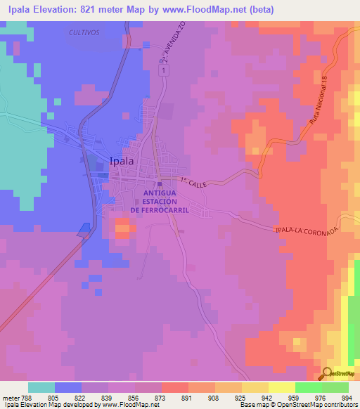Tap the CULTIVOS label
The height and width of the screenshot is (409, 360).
pyautogui.click(x=84, y=33)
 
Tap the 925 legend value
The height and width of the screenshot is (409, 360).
pyautogui.click(x=239, y=397)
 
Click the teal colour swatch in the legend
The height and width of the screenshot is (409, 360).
pyautogui.click(x=41, y=387)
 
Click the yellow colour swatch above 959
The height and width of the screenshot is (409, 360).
pyautogui.click(x=282, y=387)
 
